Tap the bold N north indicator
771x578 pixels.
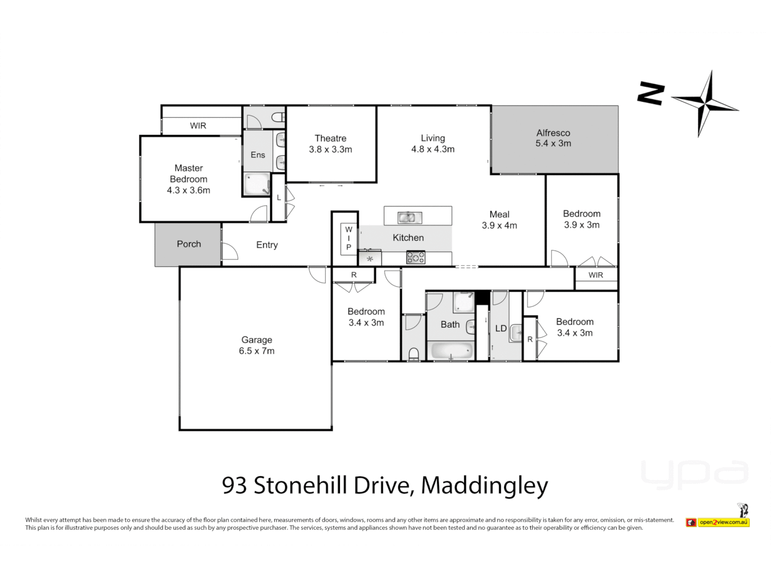coord(651,94)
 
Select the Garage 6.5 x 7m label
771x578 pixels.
coord(256,346)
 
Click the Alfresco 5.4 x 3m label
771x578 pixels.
coord(553,138)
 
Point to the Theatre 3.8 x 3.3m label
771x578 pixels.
coord(330,144)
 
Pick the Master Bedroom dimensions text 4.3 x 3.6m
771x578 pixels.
coord(188,191)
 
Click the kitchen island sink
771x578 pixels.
coord(410,217)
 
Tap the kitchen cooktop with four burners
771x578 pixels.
coord(415,258)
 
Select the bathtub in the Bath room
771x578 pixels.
coord(452,351)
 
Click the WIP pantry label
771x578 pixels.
coord(349,238)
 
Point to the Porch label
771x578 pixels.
coord(188,244)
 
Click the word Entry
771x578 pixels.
coord(267,245)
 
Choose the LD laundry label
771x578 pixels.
coord(501,329)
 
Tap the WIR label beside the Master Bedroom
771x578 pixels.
coord(198,126)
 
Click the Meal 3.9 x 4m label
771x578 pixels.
coord(499,220)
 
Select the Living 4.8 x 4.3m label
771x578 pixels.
coord(433,144)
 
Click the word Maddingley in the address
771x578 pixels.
coord(485,485)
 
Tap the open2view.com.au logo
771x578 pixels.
coord(723,522)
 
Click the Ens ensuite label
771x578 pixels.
coord(258,155)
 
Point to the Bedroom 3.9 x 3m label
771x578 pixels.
coord(581,219)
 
